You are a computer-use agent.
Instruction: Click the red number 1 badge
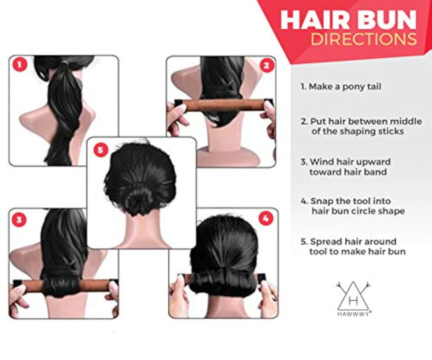click(19, 65)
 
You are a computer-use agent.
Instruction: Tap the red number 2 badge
click(267, 66)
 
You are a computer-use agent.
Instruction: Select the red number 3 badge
click(19, 220)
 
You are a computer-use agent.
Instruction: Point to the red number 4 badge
click(266, 218)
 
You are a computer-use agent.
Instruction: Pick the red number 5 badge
click(100, 150)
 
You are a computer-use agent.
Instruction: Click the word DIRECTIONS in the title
click(364, 39)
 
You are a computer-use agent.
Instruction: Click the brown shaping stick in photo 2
click(224, 106)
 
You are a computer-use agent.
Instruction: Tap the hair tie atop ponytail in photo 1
click(65, 64)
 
